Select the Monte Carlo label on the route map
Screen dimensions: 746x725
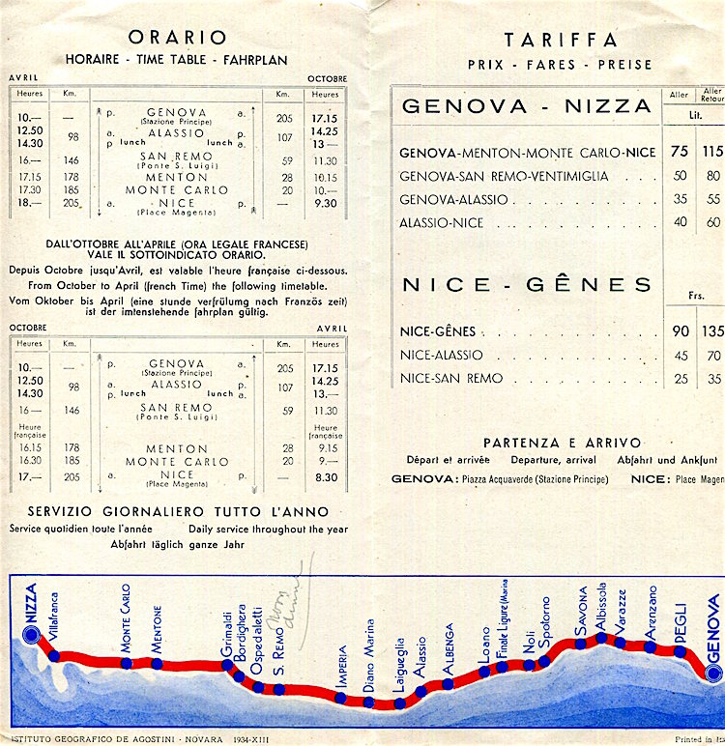(126, 621)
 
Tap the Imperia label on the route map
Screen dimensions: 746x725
(341, 666)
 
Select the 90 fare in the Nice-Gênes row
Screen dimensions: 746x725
(681, 331)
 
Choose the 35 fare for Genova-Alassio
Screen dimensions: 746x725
(680, 199)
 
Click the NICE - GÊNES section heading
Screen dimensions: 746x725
(527, 284)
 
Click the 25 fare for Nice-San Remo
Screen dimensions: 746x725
(681, 379)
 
